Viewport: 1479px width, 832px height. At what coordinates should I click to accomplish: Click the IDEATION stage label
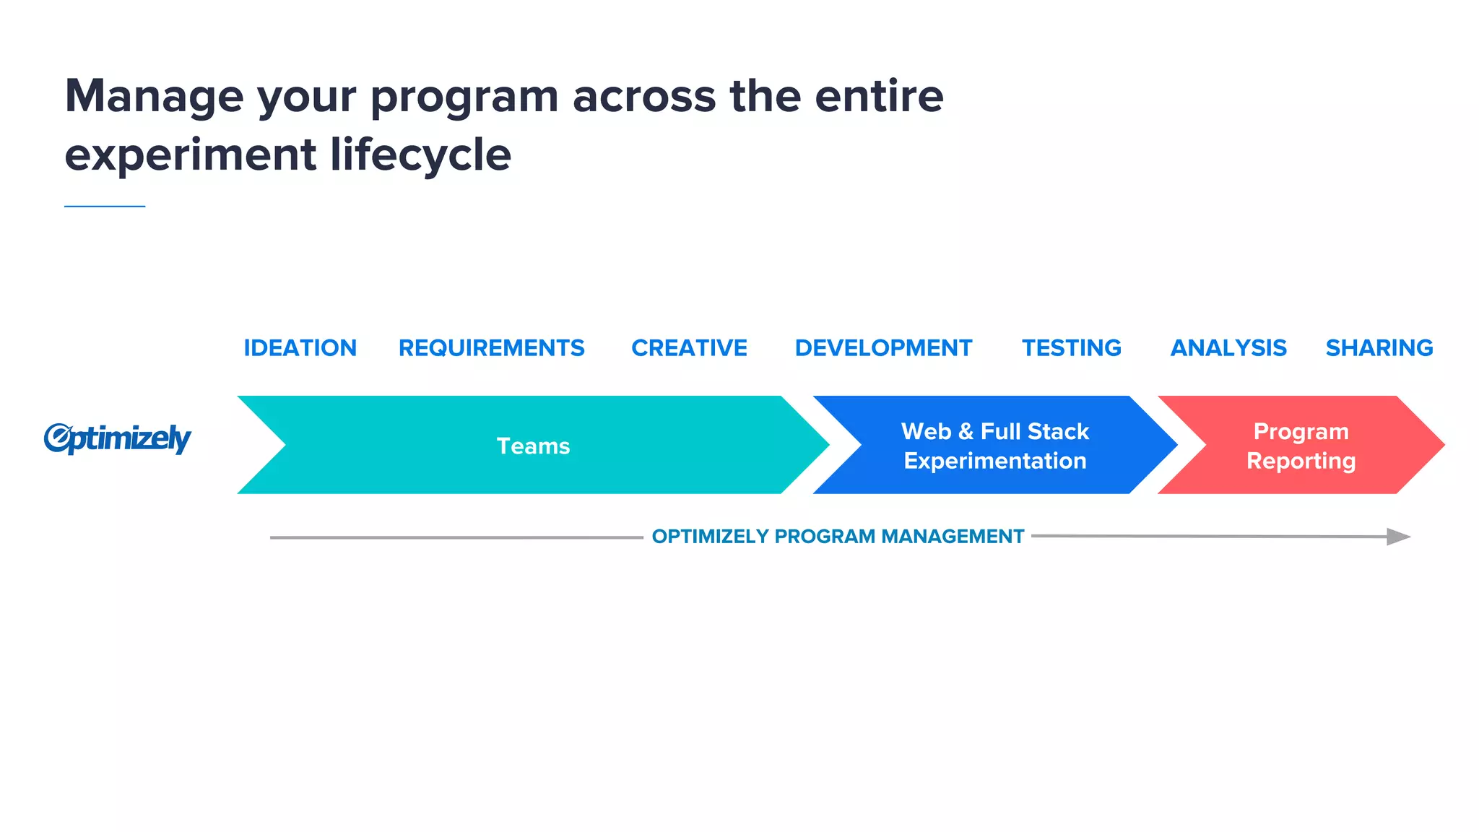pos(300,348)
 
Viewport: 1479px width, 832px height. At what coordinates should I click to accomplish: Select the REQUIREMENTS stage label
pos(491,348)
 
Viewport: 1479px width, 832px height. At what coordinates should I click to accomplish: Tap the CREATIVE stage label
pos(689,348)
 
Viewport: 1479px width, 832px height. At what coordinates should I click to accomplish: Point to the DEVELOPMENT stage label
pos(883,348)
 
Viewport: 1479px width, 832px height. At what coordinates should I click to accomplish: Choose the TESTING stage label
pos(1071,348)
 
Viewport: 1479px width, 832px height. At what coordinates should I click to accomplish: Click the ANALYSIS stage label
pos(1228,348)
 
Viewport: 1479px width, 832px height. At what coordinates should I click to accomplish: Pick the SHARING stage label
pos(1379,348)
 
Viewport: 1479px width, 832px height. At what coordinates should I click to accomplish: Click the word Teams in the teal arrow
pos(533,446)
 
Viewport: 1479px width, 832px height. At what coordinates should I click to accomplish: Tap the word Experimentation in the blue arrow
pos(994,461)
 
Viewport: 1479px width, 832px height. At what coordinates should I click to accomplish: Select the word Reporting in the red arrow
pos(1301,461)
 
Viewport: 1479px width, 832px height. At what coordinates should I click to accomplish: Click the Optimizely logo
pos(117,438)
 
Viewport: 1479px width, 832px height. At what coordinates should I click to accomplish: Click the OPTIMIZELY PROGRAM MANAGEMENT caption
pos(838,537)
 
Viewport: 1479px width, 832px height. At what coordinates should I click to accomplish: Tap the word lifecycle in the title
pos(420,155)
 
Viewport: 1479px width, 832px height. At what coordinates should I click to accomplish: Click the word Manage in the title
pos(155,96)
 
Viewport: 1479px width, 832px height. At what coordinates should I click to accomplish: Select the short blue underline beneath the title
pos(105,207)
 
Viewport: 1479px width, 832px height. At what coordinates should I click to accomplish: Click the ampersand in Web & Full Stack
pos(966,432)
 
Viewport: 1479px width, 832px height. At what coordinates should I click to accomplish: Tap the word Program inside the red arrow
pos(1301,431)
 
